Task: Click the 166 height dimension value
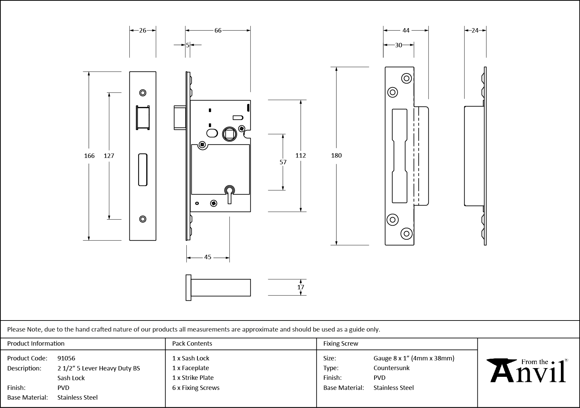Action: click(x=89, y=156)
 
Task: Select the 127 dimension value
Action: click(x=109, y=156)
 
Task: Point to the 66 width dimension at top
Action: click(x=218, y=31)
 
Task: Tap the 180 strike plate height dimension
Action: click(x=336, y=155)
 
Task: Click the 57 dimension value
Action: click(x=283, y=162)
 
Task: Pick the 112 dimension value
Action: click(x=301, y=155)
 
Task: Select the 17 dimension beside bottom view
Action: click(x=301, y=287)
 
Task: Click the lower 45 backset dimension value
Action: click(x=208, y=257)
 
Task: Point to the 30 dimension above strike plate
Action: click(x=398, y=45)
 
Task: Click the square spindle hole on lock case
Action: click(x=230, y=134)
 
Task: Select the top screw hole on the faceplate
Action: click(x=143, y=93)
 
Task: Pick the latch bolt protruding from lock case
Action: click(x=180, y=117)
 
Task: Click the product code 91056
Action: click(x=66, y=358)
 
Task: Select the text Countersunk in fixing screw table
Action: click(x=392, y=368)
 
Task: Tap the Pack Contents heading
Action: click(x=192, y=343)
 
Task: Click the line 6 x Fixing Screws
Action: click(x=196, y=388)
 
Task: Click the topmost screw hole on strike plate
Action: click(x=406, y=78)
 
